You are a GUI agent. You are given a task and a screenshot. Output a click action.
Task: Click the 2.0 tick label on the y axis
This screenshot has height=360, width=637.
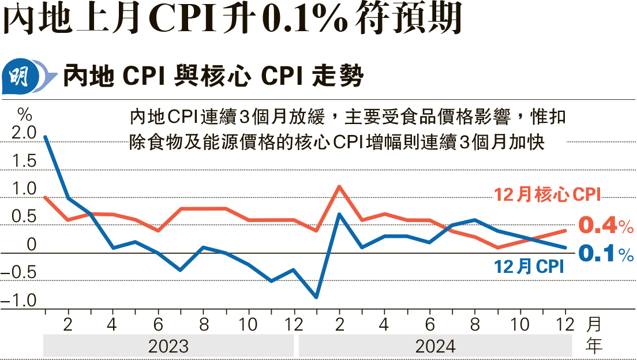tap(24, 133)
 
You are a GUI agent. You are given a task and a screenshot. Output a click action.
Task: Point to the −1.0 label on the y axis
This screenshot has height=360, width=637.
tap(20, 300)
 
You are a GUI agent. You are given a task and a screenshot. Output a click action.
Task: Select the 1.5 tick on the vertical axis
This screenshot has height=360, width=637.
tap(24, 162)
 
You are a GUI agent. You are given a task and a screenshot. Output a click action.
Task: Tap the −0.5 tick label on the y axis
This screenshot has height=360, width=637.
tap(20, 272)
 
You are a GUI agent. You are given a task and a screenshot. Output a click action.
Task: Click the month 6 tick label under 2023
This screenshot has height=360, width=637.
tap(158, 324)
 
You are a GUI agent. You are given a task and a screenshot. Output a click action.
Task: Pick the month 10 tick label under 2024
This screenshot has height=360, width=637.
tap(520, 324)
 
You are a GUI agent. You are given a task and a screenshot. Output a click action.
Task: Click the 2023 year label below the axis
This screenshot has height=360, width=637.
tap(168, 346)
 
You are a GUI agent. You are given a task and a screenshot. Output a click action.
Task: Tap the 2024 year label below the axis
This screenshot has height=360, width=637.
tap(436, 346)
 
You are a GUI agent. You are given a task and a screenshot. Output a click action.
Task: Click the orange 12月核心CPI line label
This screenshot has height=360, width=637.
tap(548, 195)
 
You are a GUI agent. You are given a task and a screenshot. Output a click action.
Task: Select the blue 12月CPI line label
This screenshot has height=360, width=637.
tap(529, 267)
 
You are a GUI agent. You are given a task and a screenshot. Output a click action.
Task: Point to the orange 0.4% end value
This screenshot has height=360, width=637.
tap(605, 226)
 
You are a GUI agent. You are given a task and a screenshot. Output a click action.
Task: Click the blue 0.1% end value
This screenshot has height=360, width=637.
tap(605, 254)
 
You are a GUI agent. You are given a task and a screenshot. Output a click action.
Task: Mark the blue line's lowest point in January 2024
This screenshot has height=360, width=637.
tap(316, 298)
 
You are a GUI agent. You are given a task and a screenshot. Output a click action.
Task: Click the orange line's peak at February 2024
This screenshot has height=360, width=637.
tap(339, 186)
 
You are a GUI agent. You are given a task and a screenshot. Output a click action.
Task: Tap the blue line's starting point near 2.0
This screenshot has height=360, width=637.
tap(45, 137)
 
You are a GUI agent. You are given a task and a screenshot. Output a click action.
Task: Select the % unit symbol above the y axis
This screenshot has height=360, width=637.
tap(24, 111)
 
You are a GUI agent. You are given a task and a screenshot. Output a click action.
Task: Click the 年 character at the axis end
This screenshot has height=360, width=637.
tap(594, 346)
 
